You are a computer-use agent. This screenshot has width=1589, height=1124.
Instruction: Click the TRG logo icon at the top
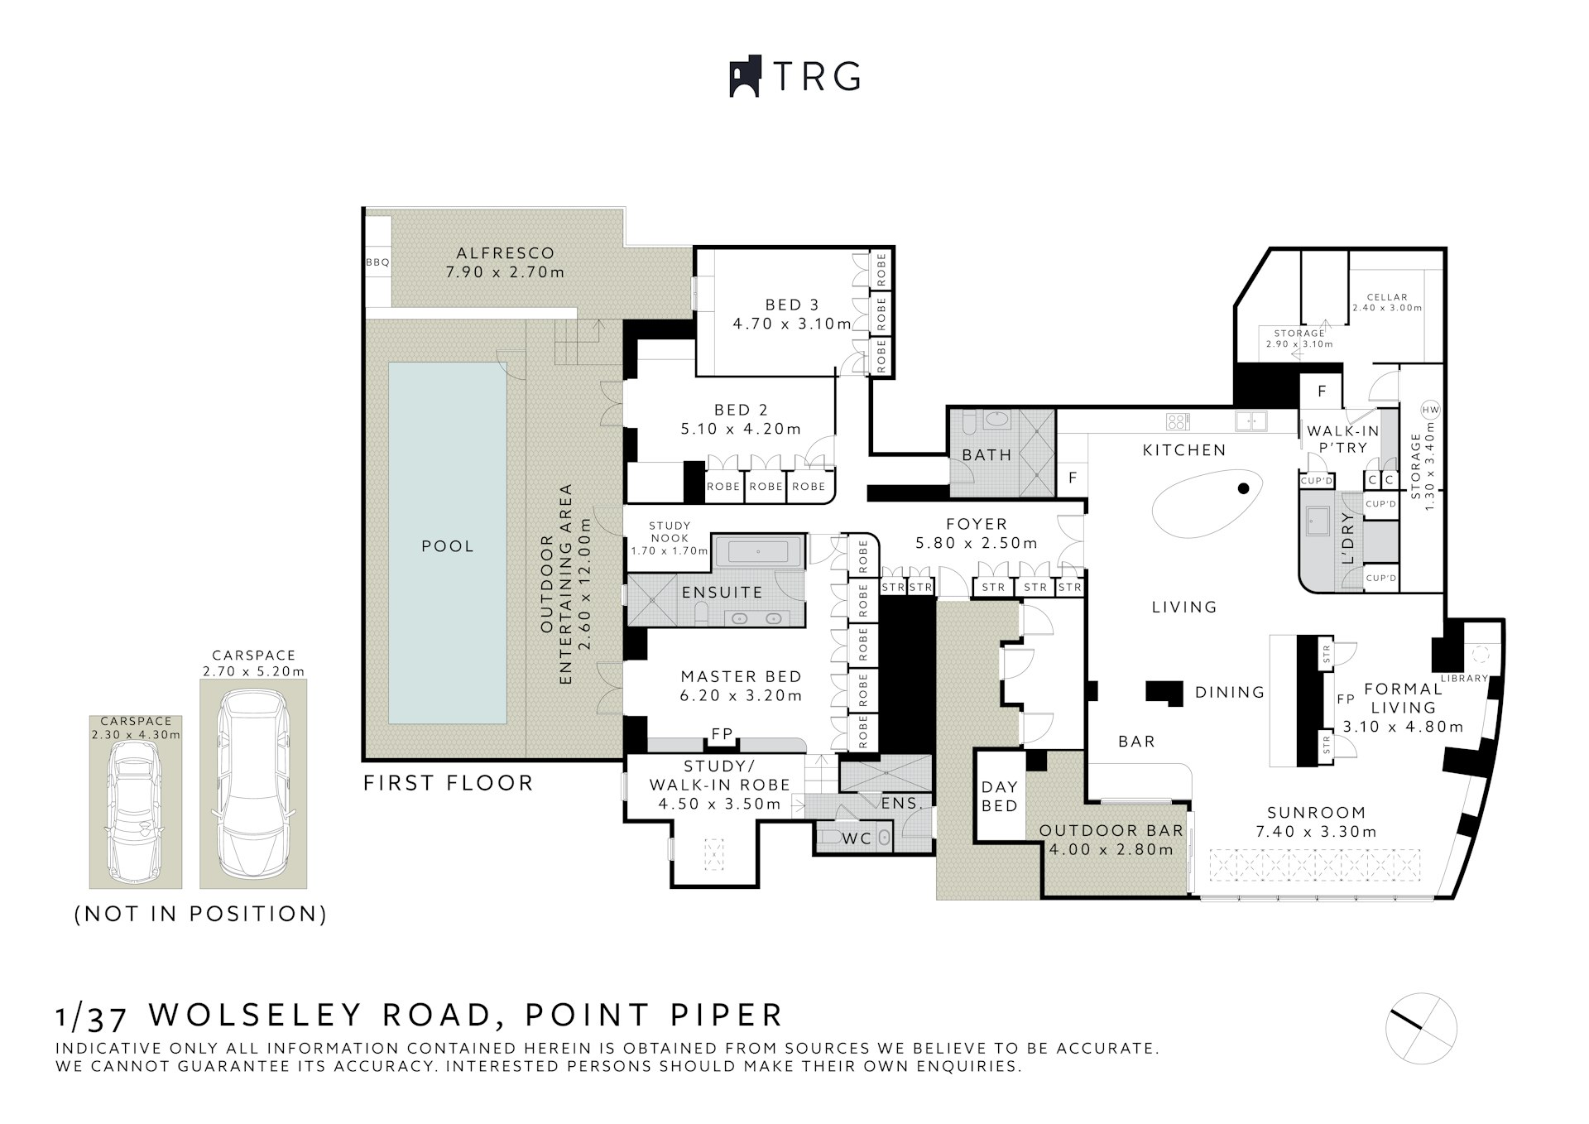tap(745, 77)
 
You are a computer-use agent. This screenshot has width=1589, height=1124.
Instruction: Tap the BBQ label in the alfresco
tap(377, 262)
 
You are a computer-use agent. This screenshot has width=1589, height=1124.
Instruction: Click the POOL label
tap(448, 546)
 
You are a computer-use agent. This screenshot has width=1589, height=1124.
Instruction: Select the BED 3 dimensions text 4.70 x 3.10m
tap(791, 324)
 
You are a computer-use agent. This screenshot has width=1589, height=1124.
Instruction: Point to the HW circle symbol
tap(1429, 410)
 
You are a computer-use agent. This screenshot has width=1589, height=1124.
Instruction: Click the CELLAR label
tap(1387, 297)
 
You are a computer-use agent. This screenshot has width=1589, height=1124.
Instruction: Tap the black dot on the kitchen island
tap(1243, 489)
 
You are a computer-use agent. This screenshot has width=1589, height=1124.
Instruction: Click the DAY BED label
tap(999, 796)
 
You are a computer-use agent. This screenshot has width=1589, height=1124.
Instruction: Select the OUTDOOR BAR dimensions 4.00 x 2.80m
tap(1111, 849)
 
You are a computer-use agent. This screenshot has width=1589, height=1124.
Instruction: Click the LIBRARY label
tap(1464, 679)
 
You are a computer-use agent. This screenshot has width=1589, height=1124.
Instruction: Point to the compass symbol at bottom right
tap(1421, 1028)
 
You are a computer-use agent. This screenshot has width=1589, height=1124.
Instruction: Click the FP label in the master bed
tap(722, 734)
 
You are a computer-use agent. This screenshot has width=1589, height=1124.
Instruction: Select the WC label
tap(857, 838)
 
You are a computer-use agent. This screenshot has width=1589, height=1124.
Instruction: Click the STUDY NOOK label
tap(670, 531)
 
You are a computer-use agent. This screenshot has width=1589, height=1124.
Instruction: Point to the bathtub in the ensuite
tap(759, 551)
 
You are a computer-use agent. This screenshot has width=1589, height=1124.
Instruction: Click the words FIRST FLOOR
tap(448, 783)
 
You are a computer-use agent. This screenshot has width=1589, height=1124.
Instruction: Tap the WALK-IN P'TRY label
tap(1342, 440)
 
